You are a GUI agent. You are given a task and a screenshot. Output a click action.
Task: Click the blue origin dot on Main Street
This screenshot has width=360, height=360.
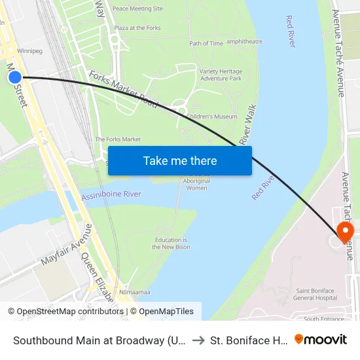tap(15, 77)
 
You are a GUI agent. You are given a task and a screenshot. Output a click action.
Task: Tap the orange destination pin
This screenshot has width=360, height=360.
tap(344, 232)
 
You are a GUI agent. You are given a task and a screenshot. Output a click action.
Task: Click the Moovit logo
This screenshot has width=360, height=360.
tap(321, 340)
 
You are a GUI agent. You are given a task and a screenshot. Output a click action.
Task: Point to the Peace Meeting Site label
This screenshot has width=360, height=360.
tap(137, 9)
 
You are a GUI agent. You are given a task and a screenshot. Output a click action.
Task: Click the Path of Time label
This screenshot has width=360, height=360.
tap(206, 44)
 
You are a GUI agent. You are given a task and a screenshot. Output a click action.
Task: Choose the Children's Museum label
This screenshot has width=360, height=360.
tap(211, 117)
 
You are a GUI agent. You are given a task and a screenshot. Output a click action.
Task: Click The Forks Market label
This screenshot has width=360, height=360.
tap(118, 139)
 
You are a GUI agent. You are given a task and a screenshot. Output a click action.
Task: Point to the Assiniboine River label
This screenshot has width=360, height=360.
tap(111, 194)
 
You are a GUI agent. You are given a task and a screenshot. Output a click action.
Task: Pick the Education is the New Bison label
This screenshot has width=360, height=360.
tap(170, 243)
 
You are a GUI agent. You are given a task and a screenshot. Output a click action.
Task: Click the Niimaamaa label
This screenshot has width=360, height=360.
tap(135, 293)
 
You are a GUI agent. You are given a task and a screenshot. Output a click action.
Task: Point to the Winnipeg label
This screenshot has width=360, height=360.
tap(29, 50)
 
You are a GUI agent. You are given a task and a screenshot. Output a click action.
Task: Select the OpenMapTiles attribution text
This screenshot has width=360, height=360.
tap(166, 312)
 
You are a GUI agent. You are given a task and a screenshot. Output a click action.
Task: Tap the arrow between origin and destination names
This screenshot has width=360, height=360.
tap(197, 340)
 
